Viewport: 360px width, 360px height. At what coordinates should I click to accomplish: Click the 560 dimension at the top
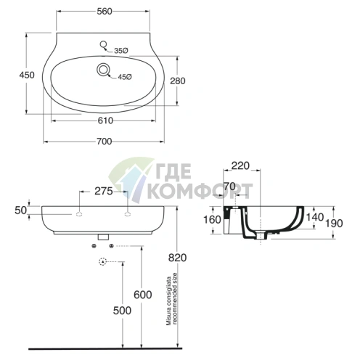(x=105, y=12)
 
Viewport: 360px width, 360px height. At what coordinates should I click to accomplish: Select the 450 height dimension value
(x=27, y=75)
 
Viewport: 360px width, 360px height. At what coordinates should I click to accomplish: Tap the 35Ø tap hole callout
(x=121, y=51)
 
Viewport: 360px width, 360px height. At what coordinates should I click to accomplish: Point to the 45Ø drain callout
(x=125, y=77)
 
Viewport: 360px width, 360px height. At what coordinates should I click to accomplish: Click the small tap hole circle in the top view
(x=104, y=44)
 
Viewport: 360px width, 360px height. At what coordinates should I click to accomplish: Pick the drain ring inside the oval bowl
(x=103, y=70)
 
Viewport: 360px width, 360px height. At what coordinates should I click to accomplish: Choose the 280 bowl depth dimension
(x=178, y=81)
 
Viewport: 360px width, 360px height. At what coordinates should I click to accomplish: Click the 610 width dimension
(x=105, y=120)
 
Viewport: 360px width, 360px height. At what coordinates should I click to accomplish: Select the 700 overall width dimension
(x=105, y=142)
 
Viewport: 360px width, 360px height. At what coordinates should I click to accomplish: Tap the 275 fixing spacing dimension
(x=104, y=191)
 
